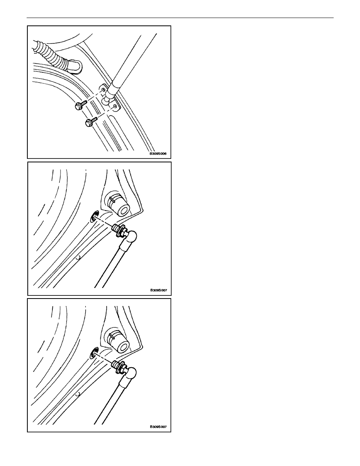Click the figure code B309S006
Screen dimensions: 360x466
click(158, 154)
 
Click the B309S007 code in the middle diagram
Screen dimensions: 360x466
click(158, 290)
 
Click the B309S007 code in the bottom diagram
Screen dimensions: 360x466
click(158, 427)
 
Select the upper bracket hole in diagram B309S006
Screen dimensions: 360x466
click(103, 90)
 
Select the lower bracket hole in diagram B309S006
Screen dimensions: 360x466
click(115, 106)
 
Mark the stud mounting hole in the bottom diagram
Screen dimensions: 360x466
click(94, 353)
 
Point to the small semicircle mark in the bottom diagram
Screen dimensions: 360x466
click(78, 394)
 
